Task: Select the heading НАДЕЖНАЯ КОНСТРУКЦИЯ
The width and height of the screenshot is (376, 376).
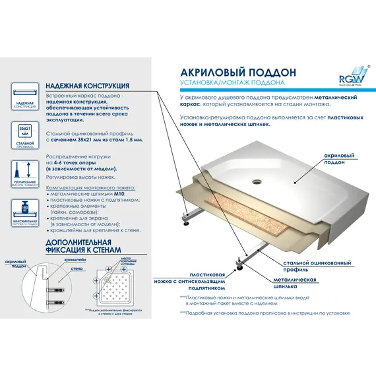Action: pos(86,86)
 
